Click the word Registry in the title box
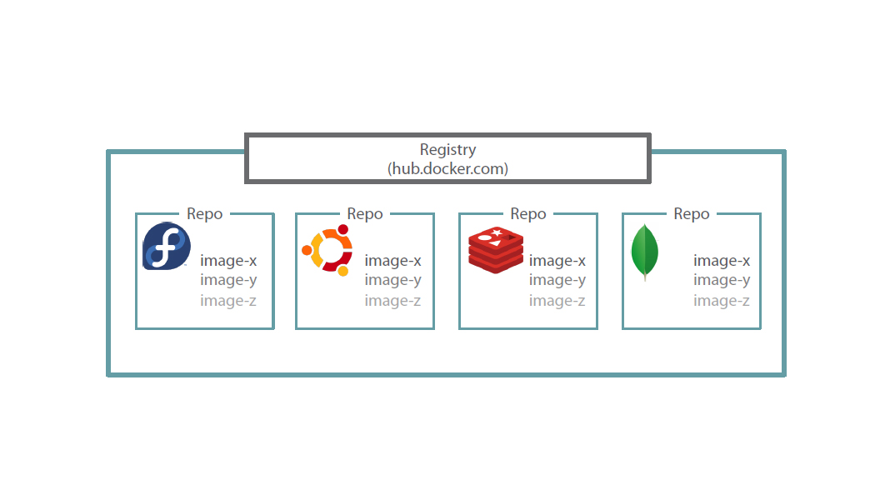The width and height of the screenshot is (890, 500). (447, 150)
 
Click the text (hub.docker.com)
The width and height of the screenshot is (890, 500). (447, 168)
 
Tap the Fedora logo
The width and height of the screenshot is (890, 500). (167, 247)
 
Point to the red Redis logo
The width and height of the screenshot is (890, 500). (496, 249)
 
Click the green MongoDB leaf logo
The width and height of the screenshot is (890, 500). (645, 252)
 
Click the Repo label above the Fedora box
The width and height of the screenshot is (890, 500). (204, 214)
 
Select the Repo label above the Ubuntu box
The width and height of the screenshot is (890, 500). (365, 214)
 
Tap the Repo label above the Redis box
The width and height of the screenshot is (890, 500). (528, 214)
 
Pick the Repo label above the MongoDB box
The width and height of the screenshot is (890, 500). (692, 214)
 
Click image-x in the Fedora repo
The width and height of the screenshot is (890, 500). (228, 261)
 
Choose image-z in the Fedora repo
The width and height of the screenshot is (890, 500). (228, 301)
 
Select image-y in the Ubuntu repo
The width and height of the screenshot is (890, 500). (392, 280)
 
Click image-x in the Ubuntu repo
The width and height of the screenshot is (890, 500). (392, 261)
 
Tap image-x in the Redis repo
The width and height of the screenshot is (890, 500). (557, 261)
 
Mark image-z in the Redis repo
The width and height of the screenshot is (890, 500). (557, 301)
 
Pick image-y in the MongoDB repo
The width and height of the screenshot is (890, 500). (722, 280)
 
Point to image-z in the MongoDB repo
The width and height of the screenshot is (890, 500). (722, 301)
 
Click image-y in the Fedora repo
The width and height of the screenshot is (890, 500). (228, 280)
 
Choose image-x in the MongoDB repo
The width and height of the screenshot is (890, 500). (722, 261)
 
